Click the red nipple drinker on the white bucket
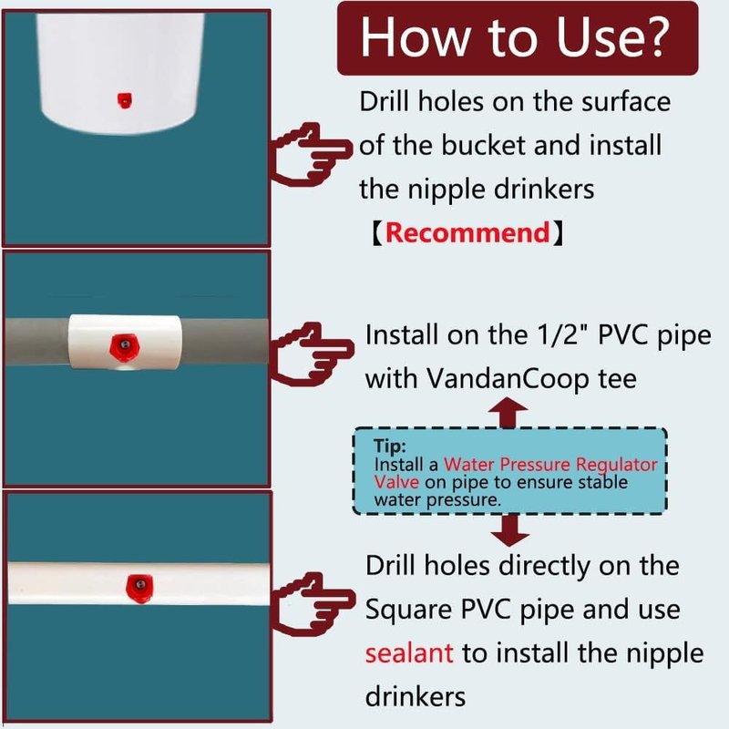tap(124, 100)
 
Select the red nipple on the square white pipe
tap(139, 588)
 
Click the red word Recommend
tap(467, 232)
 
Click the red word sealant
tap(409, 652)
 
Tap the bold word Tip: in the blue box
tap(390, 446)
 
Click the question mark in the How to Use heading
tap(652, 37)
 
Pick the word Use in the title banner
tap(594, 37)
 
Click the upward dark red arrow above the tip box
tap(508, 413)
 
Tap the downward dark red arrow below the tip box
tap(510, 530)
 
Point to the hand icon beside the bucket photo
tap(311, 155)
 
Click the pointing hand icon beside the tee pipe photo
tap(313, 354)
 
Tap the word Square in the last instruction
tap(408, 610)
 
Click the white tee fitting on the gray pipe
tap(124, 342)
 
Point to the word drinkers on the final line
tap(416, 696)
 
